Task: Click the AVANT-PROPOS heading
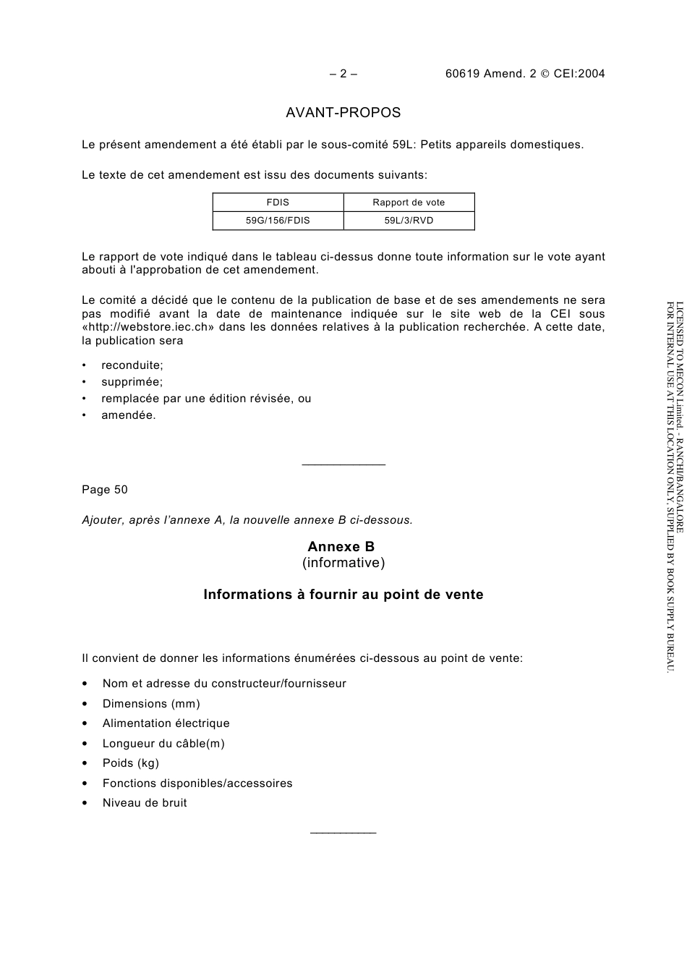[343, 113]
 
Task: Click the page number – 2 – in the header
[343, 73]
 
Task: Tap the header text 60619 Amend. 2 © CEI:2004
[525, 73]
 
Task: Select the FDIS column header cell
[278, 203]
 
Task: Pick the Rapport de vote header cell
[409, 203]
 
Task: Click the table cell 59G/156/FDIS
[278, 221]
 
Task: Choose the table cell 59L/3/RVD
[409, 221]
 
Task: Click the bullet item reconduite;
[132, 365]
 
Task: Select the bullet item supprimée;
[132, 382]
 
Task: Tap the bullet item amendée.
[128, 415]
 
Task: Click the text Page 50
[105, 490]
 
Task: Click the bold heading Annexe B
[341, 547]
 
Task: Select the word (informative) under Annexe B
[343, 563]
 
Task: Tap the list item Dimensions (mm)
[151, 704]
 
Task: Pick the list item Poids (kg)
[131, 763]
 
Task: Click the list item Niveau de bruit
[145, 803]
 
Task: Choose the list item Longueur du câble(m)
[163, 744]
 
